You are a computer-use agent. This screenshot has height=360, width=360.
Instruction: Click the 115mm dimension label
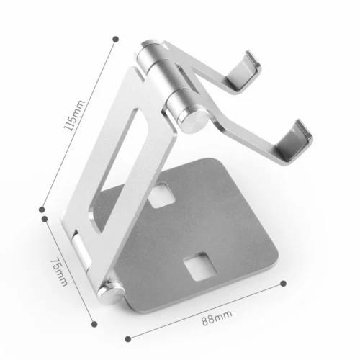point(73,116)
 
